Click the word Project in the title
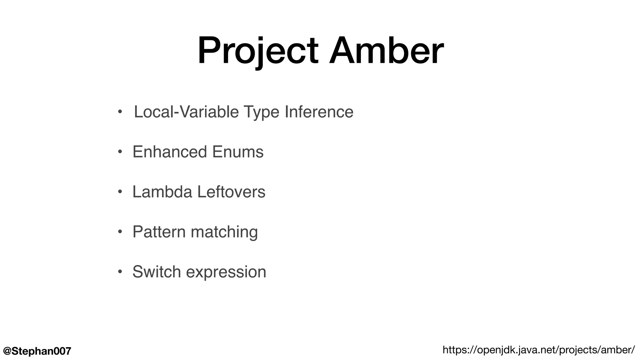258,51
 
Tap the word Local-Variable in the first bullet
186,112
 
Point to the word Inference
319,112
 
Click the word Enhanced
170,152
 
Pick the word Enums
237,152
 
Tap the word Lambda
162,192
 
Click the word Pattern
159,232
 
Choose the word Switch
157,272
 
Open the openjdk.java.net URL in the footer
538,350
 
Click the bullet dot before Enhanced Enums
120,152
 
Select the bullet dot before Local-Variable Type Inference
120,112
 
